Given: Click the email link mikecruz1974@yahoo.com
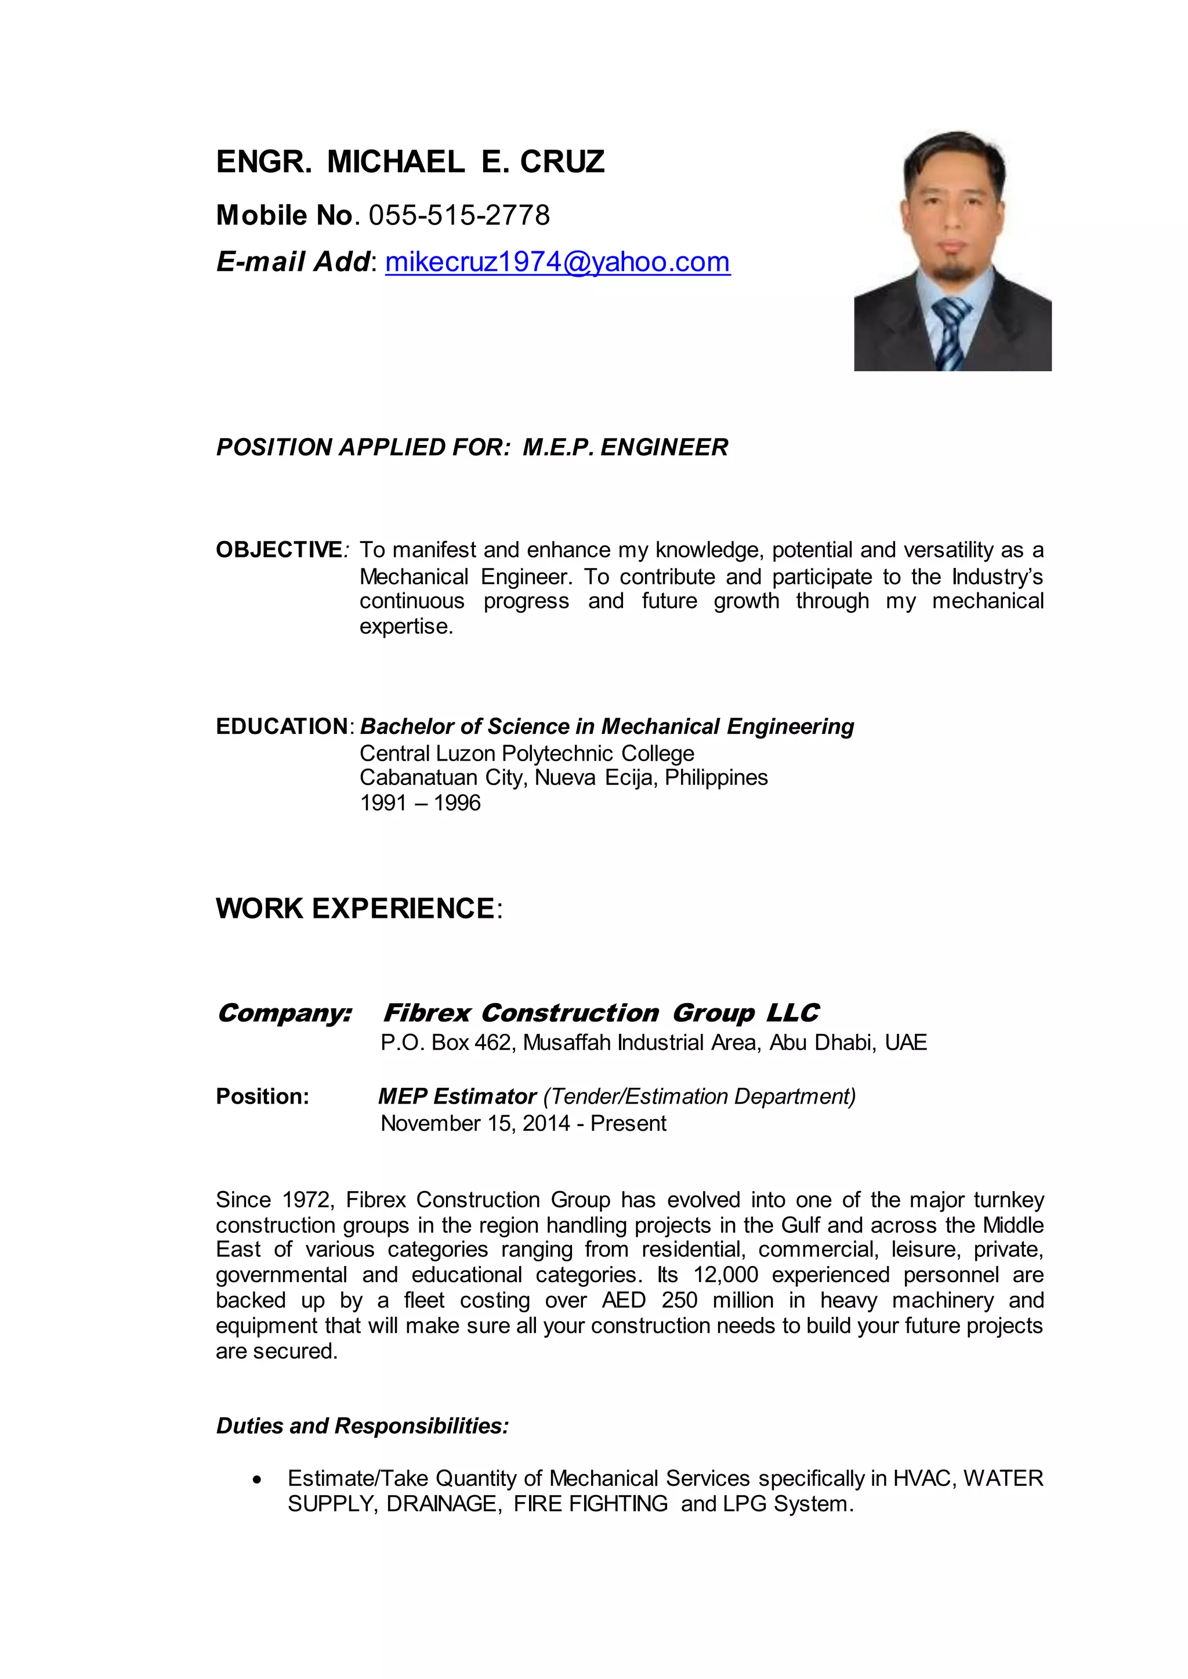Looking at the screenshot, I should tap(557, 262).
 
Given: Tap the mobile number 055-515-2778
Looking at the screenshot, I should tap(459, 215).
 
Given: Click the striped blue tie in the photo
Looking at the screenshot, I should tap(951, 333).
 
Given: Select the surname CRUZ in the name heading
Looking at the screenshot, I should tap(562, 162).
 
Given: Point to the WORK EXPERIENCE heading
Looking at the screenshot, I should tap(356, 908).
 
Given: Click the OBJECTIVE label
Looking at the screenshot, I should tap(278, 549).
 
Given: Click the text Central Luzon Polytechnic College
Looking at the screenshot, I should tap(527, 753).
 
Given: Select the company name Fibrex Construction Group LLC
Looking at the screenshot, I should tap(600, 1012).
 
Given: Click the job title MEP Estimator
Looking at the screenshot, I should tap(457, 1096).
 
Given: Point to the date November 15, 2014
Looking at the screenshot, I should tap(475, 1123).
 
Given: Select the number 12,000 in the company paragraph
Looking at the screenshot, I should tap(726, 1275).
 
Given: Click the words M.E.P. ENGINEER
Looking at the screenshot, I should tap(625, 447).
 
